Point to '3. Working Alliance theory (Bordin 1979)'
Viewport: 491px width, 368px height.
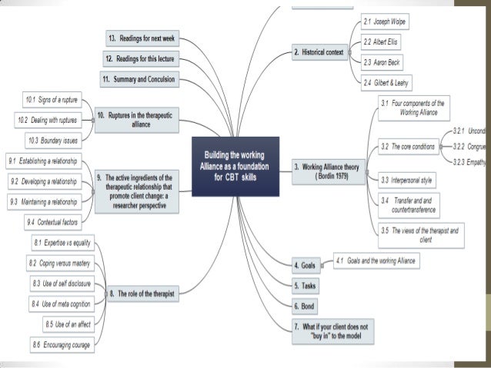click(x=330, y=170)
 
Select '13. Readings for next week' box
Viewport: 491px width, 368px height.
click(x=142, y=38)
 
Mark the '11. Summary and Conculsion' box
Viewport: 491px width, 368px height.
click(x=139, y=79)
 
